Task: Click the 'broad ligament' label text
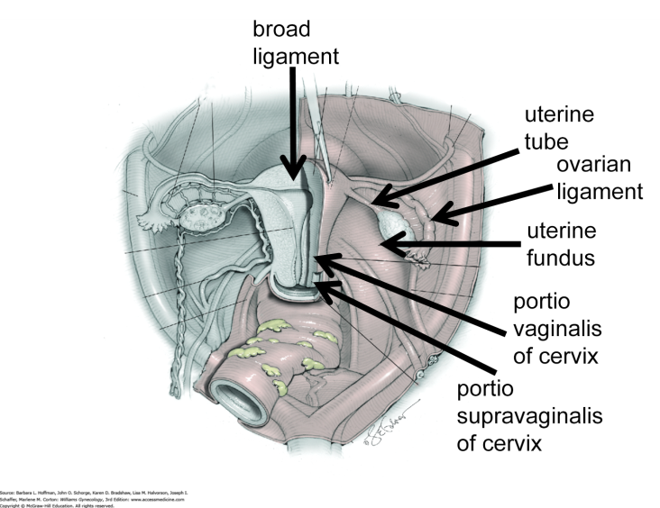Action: (x=295, y=43)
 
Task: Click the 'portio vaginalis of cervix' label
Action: (x=555, y=329)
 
